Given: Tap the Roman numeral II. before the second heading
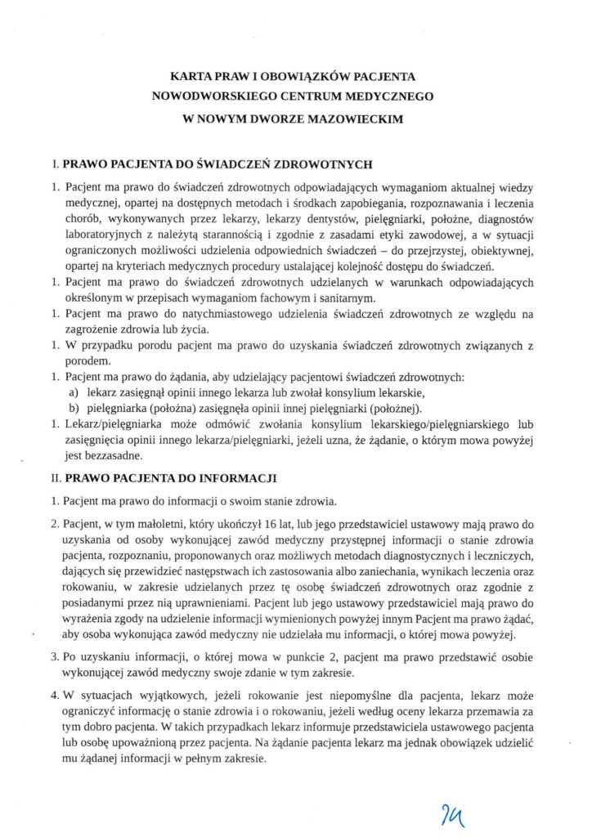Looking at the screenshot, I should coord(56,475).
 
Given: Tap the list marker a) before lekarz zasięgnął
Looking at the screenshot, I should coord(74,392).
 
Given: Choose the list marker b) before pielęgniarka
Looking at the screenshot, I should coord(74,407).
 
